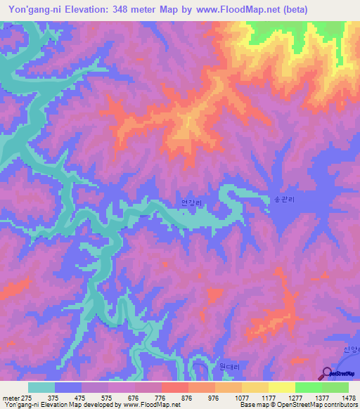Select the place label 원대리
221,367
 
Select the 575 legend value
108,398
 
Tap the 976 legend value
214,398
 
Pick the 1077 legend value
241,398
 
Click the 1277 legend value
295,398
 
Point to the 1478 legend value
348,398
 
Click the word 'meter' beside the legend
11,398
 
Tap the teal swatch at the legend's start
41,387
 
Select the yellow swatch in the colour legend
281,387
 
